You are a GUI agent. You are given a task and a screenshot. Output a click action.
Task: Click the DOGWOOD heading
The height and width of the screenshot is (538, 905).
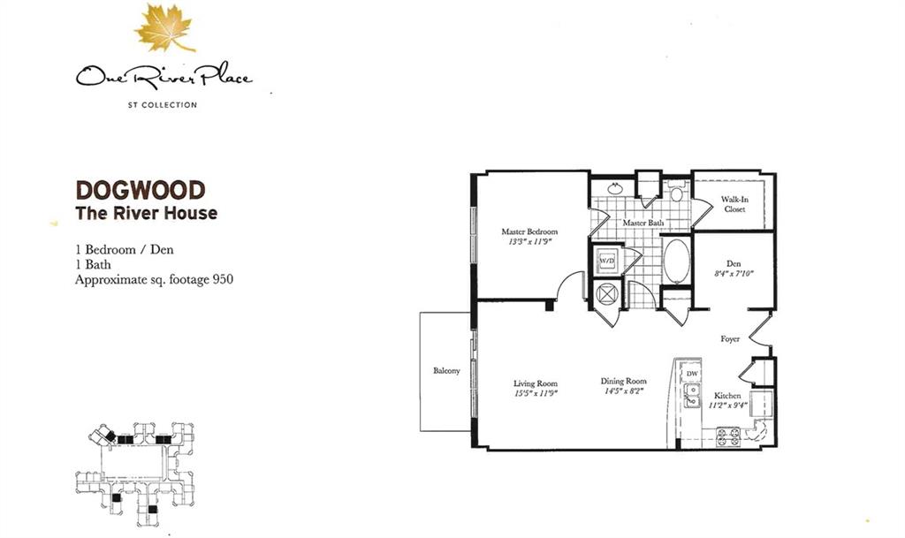[141, 190]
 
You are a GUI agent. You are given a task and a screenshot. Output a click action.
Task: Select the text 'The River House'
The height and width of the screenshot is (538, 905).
[147, 214]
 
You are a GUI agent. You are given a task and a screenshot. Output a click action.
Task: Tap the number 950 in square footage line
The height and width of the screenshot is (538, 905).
[224, 280]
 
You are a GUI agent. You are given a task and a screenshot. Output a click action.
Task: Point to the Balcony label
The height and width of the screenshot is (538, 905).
[446, 371]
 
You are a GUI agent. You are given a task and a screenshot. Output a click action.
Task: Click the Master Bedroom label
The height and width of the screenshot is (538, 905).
[530, 231]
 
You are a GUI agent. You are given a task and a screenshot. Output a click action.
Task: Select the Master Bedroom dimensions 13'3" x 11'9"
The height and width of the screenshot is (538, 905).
[530, 242]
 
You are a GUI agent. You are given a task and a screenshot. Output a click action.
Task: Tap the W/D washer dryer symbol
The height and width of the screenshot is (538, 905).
[607, 261]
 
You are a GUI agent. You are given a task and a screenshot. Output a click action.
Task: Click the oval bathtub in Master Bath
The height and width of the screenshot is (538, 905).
[676, 261]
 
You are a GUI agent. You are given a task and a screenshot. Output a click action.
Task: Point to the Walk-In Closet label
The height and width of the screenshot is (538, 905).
[734, 204]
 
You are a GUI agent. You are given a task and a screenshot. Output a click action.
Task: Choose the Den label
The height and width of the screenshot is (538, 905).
[734, 263]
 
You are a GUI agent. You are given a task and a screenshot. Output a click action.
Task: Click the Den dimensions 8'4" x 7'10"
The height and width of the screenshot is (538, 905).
[734, 274]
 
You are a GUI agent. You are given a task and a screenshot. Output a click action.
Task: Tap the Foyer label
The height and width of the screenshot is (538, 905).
[730, 339]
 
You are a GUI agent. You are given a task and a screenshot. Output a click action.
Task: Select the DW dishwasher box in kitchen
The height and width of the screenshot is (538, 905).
[692, 374]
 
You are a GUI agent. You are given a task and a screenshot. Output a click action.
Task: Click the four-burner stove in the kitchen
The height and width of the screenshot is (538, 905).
[728, 436]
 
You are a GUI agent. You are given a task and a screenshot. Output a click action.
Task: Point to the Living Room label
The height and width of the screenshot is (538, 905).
[536, 383]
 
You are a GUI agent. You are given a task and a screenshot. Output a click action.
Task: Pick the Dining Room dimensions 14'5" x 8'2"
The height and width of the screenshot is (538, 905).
[624, 391]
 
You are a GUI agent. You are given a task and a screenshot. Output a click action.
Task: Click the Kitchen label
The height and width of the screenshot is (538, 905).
[727, 396]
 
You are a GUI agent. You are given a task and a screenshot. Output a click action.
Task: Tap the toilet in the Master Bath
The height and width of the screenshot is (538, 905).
[676, 192]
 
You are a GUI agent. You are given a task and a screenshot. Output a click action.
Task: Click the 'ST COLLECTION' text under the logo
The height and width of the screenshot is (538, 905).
[163, 105]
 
